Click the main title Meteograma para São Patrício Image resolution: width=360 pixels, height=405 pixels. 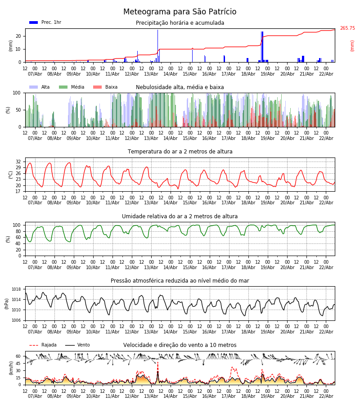click(180, 12)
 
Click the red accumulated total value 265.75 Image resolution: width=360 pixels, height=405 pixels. click(347, 28)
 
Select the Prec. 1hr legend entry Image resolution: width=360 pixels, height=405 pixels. click(45, 22)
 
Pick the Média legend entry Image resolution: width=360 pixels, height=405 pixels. click(72, 87)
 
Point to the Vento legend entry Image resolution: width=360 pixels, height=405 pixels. click(77, 345)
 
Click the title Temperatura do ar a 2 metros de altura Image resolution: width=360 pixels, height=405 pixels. click(180, 152)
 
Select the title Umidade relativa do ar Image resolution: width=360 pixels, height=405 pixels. click(180, 216)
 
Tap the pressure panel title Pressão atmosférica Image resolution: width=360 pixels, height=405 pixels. click(180, 281)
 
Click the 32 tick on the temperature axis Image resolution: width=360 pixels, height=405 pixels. click(18, 162)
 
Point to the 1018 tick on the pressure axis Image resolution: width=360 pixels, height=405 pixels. click(17, 289)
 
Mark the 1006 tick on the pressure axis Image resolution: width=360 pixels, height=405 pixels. click(17, 320)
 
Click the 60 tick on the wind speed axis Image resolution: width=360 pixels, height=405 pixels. click(18, 356)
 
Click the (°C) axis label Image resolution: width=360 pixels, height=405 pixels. click(11, 175)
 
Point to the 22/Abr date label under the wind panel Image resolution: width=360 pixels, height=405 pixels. click(326, 396)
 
